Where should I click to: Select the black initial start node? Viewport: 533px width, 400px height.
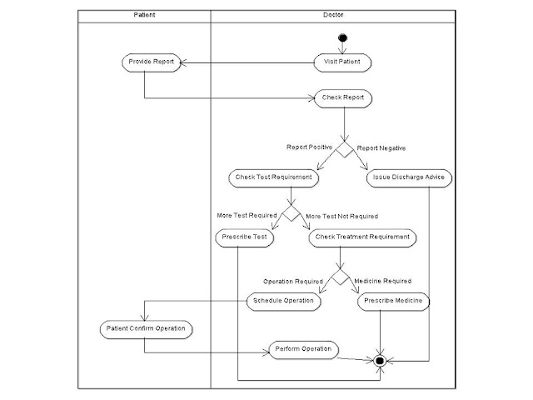click(342, 38)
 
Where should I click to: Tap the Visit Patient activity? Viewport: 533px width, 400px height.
click(342, 62)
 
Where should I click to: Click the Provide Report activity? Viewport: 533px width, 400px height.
click(150, 62)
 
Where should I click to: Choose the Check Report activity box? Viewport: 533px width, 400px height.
click(342, 97)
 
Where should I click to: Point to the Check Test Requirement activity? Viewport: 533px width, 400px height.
click(273, 177)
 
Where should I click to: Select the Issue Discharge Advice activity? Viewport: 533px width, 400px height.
click(408, 177)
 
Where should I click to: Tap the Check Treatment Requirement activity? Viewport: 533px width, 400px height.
click(363, 237)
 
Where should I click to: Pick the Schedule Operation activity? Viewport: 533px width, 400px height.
click(284, 301)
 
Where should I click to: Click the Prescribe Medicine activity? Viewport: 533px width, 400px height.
click(394, 301)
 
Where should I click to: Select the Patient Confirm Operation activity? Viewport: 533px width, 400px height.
click(146, 328)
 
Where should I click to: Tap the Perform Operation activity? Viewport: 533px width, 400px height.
click(303, 349)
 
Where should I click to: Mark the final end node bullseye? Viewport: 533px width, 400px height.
click(381, 361)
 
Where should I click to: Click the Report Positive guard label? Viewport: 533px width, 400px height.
click(309, 147)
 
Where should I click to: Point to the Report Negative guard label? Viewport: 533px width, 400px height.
click(381, 147)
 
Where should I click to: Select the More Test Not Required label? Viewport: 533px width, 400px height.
click(341, 216)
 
